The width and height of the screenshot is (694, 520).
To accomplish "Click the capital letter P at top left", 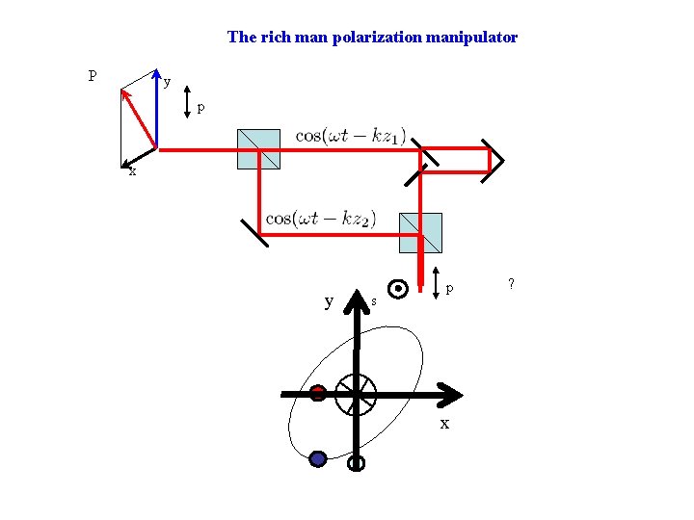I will coord(92,75).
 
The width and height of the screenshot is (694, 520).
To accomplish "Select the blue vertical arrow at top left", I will coord(157,111).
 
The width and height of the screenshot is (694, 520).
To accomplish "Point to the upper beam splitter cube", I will coord(258,149).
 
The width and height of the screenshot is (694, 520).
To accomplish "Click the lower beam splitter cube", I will coord(420,232).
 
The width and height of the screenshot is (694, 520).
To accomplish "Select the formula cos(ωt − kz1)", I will coord(351,136).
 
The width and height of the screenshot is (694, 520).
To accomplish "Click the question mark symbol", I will coord(511,283).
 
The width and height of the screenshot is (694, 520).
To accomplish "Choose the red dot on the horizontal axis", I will coord(318,392).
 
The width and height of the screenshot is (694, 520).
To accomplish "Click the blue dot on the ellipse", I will coord(318,459).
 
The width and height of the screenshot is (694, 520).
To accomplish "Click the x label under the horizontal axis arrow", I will coord(444,424).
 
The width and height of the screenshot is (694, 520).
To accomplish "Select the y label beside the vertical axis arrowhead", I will coord(330,301).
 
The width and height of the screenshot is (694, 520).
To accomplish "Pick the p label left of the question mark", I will coord(450,288).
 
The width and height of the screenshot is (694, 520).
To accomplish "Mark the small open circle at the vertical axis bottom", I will coord(356,463).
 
